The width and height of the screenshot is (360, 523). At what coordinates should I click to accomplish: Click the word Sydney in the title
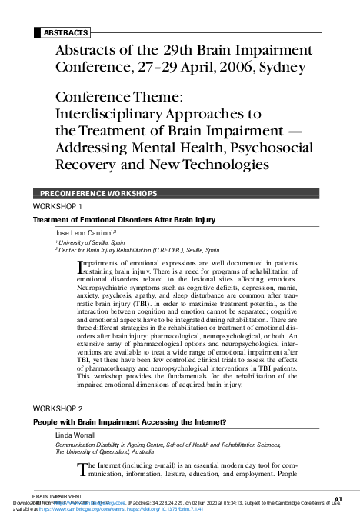pyautogui.click(x=283, y=67)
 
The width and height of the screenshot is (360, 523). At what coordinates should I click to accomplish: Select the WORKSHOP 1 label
pyautogui.click(x=58, y=208)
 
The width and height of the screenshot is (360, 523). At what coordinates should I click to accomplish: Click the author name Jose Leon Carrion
pyautogui.click(x=85, y=232)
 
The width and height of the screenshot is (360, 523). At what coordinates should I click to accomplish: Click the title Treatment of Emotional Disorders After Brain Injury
pyautogui.click(x=123, y=219)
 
